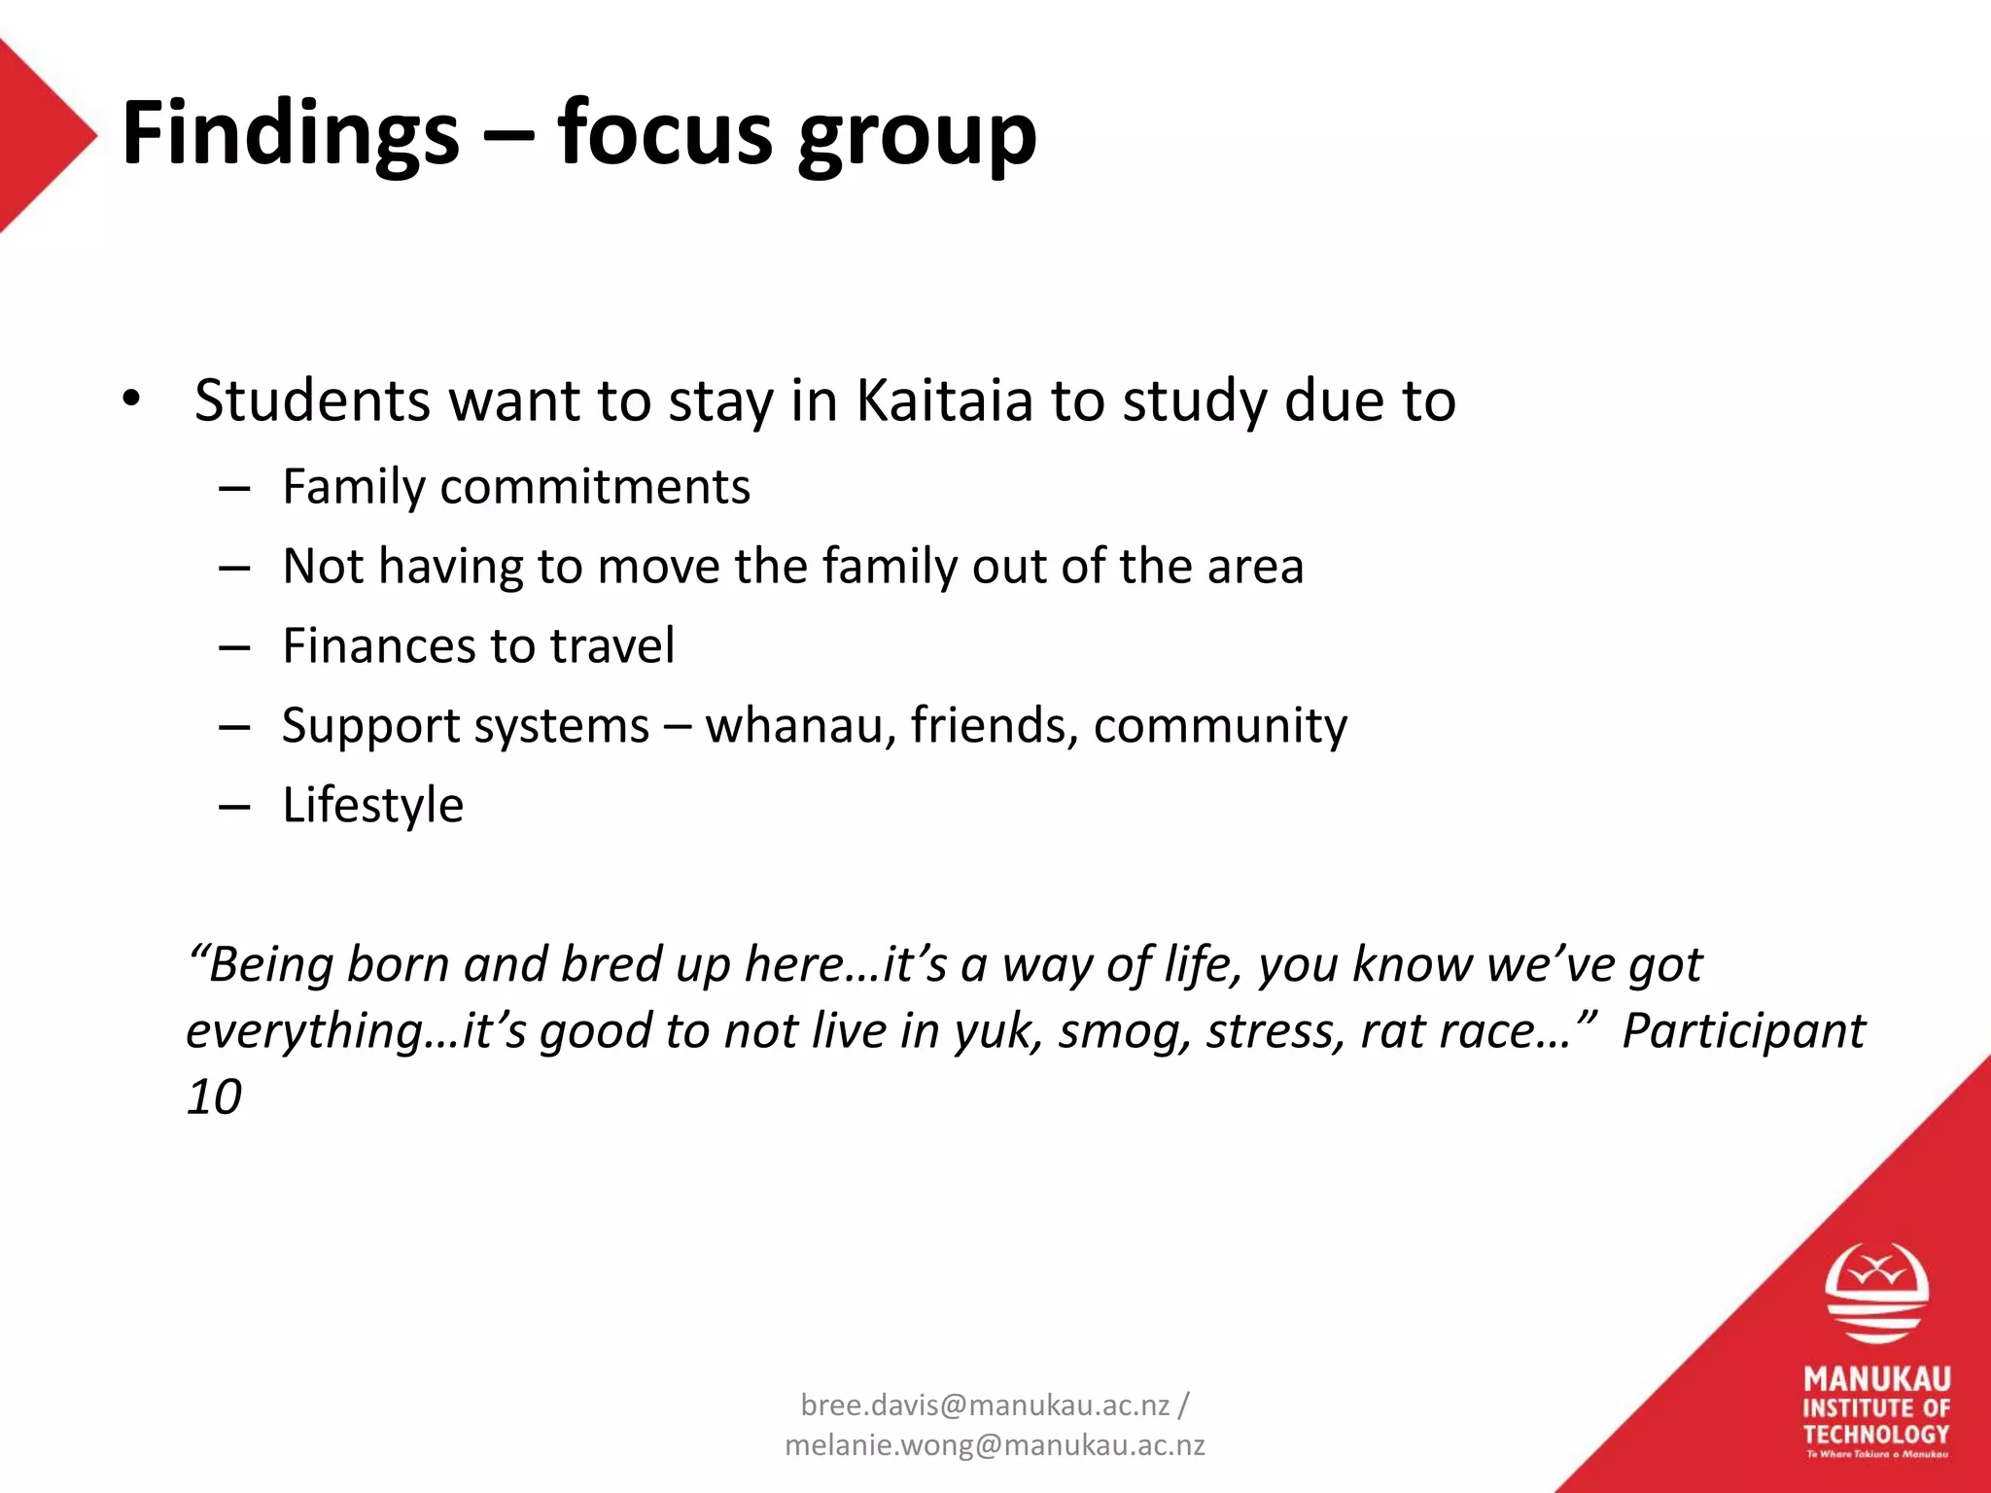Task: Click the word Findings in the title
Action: [x=290, y=134]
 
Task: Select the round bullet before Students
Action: [x=132, y=399]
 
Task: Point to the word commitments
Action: [x=595, y=486]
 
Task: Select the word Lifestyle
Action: [x=372, y=805]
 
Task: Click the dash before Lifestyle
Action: [x=234, y=807]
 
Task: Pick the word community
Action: [x=1220, y=725]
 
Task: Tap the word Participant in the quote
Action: [x=1743, y=1030]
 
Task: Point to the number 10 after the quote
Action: [x=214, y=1096]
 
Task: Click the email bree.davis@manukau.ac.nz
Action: [x=985, y=1405]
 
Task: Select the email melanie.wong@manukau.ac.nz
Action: [x=995, y=1445]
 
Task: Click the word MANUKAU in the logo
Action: [x=1876, y=1379]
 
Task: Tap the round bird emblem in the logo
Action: [x=1876, y=1294]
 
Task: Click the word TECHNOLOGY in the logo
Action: [x=1876, y=1434]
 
